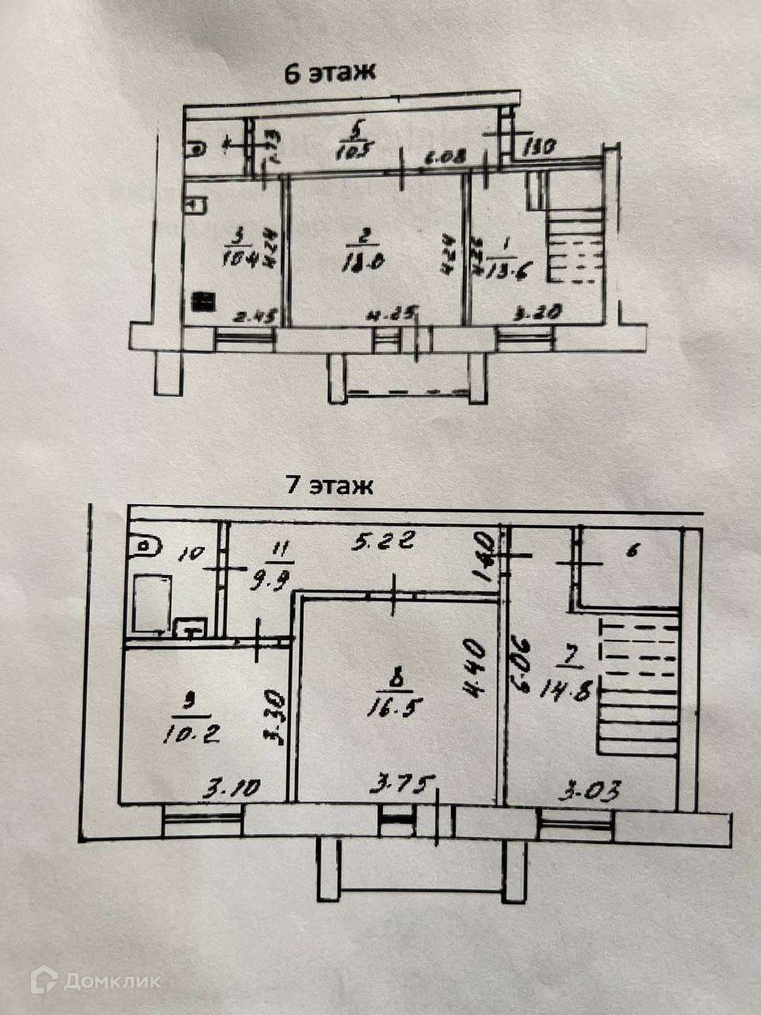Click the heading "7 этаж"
(329, 485)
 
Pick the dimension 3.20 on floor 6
(543, 312)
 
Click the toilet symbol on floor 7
(147, 546)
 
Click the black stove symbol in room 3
(204, 302)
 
